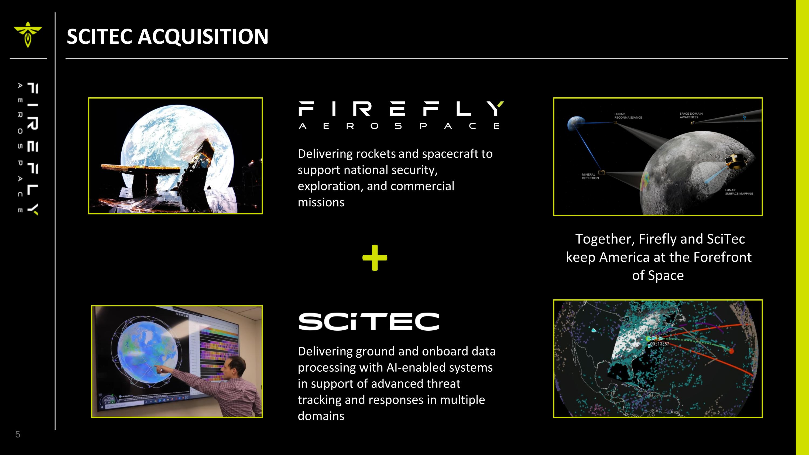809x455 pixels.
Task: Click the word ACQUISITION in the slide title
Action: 203,36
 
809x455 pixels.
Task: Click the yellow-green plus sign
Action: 375,258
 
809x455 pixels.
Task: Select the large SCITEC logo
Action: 369,321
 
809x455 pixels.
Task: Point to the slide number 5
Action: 18,435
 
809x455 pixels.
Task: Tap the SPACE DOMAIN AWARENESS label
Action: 691,115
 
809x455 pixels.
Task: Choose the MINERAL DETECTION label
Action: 590,176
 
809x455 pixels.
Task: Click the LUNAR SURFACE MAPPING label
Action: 739,192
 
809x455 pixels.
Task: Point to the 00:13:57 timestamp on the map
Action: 660,344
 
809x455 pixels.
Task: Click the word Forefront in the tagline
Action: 722,257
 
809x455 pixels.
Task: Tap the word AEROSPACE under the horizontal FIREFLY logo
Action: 399,126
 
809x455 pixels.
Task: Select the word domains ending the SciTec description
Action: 321,416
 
